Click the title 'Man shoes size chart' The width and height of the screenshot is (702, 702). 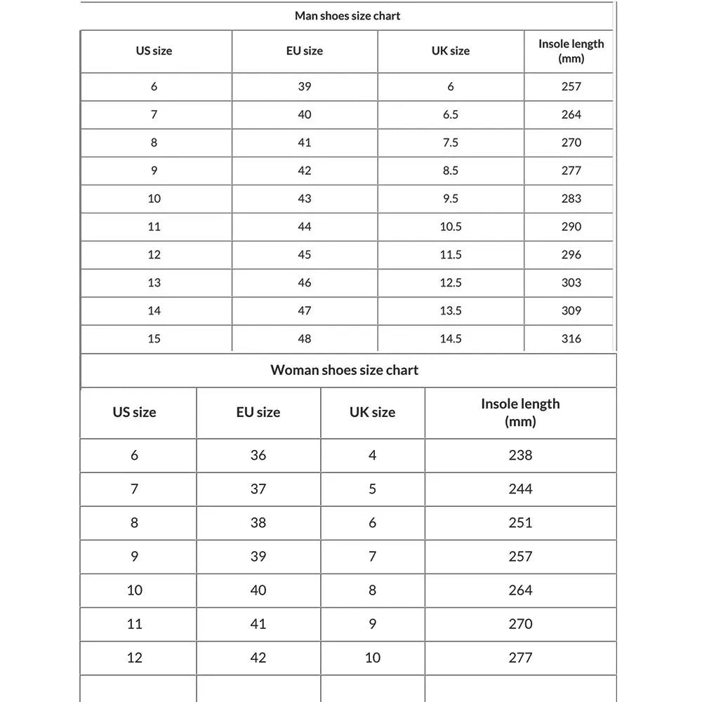[x=347, y=15]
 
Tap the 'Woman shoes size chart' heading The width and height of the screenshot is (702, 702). [x=344, y=370]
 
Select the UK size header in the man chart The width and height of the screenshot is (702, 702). [x=450, y=51]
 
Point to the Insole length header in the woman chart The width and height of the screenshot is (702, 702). [x=520, y=412]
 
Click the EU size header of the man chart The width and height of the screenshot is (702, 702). [x=304, y=51]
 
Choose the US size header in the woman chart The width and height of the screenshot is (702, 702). [x=134, y=412]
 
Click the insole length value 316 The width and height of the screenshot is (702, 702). [x=571, y=338]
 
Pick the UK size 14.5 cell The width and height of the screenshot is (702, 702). [x=450, y=338]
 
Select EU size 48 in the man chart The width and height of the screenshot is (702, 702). [x=304, y=338]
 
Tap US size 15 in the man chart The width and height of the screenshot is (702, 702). [x=154, y=338]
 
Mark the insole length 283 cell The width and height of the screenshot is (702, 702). [x=571, y=198]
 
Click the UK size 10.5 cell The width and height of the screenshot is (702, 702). [x=450, y=226]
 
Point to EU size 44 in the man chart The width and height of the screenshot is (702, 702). [x=304, y=226]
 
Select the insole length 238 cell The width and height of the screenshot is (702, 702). [x=520, y=455]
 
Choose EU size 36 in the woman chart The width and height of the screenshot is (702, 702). [x=258, y=455]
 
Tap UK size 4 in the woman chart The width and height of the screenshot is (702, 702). [x=372, y=455]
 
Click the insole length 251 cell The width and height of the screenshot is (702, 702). [x=520, y=522]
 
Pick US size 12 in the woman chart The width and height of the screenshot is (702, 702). [x=134, y=657]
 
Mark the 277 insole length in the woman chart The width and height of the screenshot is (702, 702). [x=520, y=657]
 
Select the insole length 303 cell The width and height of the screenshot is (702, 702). [x=571, y=282]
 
